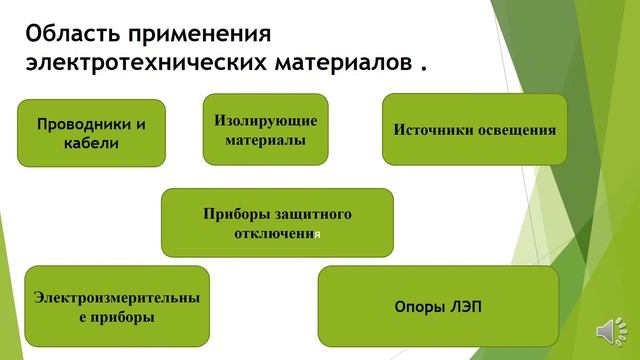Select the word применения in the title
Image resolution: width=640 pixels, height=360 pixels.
(x=206, y=35)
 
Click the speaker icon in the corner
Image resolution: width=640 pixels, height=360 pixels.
(x=609, y=330)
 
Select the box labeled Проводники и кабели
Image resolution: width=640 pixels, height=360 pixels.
(x=91, y=133)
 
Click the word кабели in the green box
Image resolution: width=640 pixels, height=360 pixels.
(x=91, y=143)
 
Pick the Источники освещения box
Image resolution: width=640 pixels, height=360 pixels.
(x=474, y=129)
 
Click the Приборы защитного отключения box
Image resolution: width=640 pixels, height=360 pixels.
(x=277, y=222)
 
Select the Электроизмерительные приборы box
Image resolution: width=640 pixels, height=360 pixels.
(x=116, y=306)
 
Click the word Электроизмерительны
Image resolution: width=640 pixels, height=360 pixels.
(x=116, y=297)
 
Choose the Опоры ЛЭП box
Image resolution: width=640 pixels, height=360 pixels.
(x=437, y=306)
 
